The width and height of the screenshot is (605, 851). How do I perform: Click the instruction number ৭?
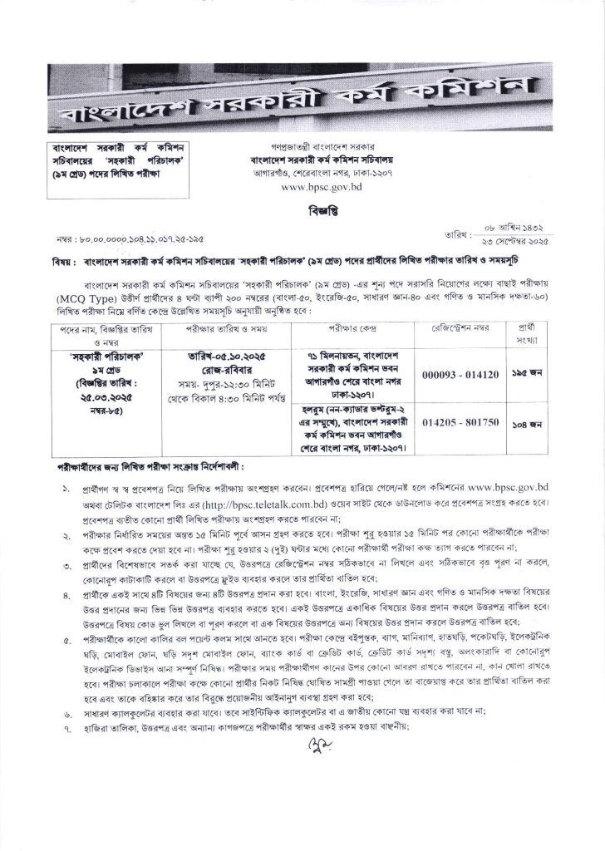(x=66, y=728)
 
